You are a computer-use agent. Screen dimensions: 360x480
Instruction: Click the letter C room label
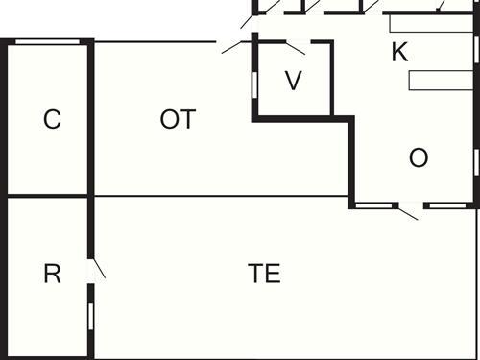(x=53, y=120)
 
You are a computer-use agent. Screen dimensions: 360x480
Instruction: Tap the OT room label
(x=178, y=120)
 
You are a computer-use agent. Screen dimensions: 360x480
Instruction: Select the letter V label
(x=294, y=82)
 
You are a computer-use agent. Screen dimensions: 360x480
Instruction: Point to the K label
(x=399, y=53)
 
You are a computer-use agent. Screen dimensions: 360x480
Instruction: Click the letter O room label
(x=419, y=158)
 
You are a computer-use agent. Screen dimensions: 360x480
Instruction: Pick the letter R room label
(x=53, y=274)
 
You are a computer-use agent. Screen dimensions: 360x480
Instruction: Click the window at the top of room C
(x=48, y=41)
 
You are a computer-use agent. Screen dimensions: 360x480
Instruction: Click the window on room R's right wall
(x=91, y=314)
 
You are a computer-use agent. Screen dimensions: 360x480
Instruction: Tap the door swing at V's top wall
(x=293, y=46)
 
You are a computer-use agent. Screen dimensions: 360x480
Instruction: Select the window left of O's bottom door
(x=376, y=205)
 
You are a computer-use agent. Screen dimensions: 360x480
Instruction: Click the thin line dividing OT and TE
(x=221, y=197)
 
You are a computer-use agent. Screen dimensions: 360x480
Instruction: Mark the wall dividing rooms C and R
(x=48, y=197)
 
